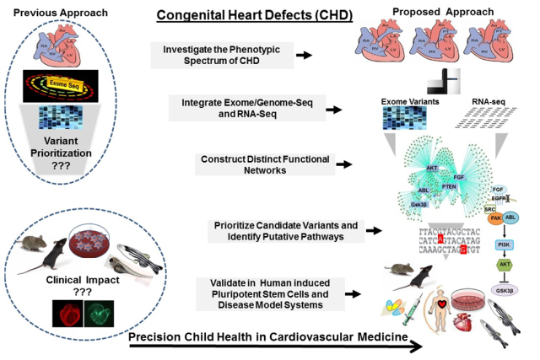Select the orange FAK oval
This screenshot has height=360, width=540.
496,218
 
